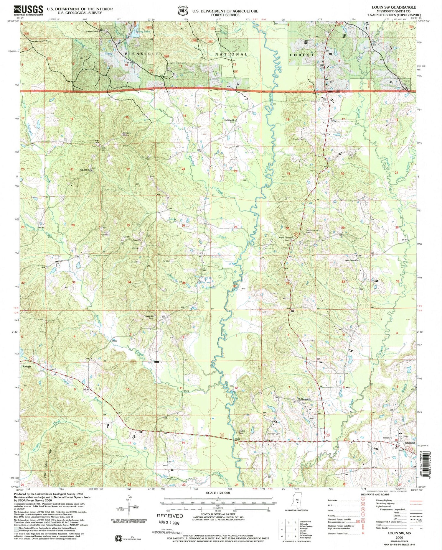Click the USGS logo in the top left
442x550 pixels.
pyautogui.click(x=28, y=11)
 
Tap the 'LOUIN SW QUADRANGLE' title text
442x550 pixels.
pyautogui.click(x=394, y=7)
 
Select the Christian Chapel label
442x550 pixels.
pyautogui.click(x=91, y=31)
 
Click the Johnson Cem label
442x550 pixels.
pyautogui.click(x=273, y=434)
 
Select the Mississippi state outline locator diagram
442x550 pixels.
pyautogui.click(x=297, y=500)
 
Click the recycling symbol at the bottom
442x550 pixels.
pyautogui.click(x=119, y=538)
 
